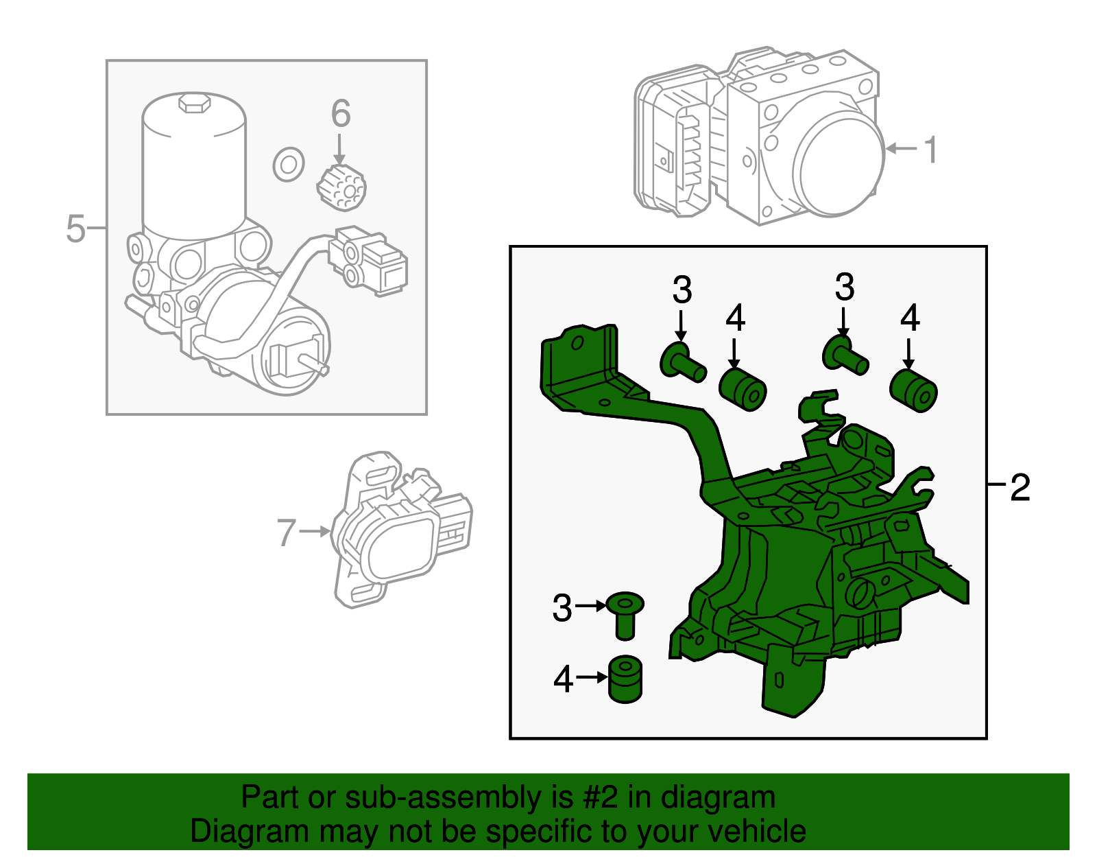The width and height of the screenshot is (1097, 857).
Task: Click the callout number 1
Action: click(930, 150)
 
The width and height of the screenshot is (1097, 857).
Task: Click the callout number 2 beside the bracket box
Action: click(1020, 487)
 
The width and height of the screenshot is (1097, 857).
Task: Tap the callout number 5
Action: click(75, 228)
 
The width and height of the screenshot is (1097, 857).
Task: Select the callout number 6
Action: click(341, 114)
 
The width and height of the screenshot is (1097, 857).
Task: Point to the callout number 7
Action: click(286, 532)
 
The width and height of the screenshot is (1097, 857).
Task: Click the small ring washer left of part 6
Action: click(289, 165)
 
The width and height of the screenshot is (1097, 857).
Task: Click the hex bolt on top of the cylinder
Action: click(194, 103)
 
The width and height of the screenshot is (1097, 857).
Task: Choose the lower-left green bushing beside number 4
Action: click(625, 679)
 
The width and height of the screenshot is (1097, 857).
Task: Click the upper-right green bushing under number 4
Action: click(913, 390)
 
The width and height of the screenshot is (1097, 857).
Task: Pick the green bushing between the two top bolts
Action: click(743, 389)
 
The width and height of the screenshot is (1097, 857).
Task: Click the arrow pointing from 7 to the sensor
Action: click(315, 531)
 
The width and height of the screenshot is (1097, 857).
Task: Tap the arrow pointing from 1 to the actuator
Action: click(901, 148)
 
